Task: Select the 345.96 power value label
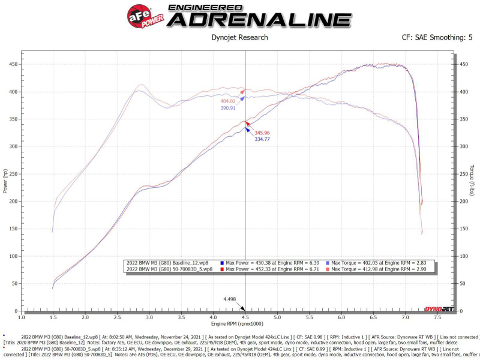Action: point(265,133)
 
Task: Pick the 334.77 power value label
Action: point(265,139)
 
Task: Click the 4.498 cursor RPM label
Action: point(230,299)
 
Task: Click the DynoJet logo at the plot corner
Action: point(439,309)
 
